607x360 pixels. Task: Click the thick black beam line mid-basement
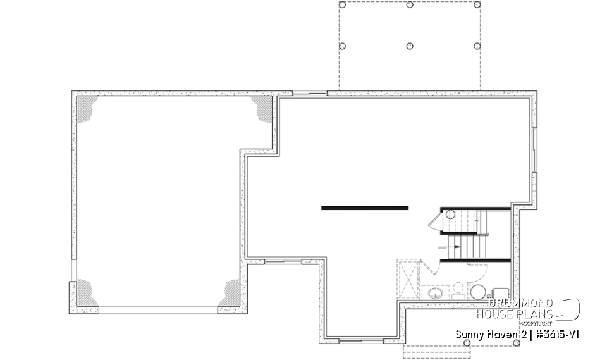click(365, 207)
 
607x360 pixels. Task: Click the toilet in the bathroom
click(457, 290)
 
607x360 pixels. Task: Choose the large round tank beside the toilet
click(478, 292)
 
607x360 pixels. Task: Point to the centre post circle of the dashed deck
click(409, 46)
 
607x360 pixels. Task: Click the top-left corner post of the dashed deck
click(343, 4)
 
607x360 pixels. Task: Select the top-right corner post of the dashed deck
click(477, 4)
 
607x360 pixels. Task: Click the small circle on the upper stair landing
click(450, 215)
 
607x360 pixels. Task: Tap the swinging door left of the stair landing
click(435, 220)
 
